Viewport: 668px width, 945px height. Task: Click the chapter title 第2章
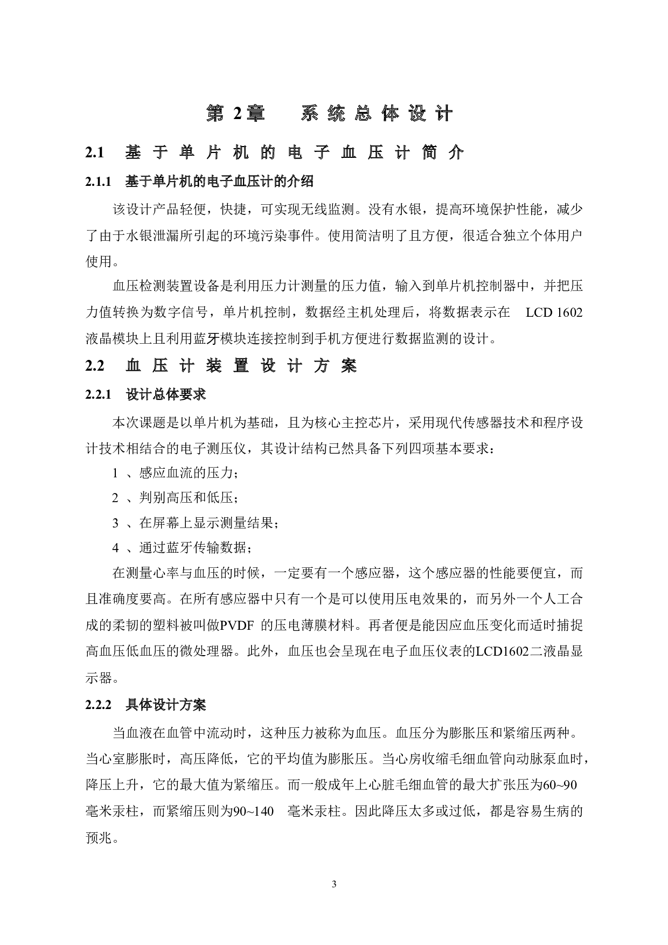[x=236, y=113]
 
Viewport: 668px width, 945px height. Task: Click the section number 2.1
[x=94, y=153]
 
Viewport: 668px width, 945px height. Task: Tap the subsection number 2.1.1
[x=98, y=182]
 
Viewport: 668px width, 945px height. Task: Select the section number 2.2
[x=94, y=366]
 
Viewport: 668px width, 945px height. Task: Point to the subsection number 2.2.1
[x=98, y=394]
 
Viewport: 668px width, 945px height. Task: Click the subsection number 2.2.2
[x=98, y=704]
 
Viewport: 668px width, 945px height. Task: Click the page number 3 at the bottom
[x=334, y=884]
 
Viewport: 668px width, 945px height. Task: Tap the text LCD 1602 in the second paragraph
[x=554, y=312]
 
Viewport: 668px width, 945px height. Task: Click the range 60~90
[x=560, y=786]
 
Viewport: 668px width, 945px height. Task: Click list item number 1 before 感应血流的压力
[x=115, y=473]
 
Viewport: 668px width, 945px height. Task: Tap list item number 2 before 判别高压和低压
[x=115, y=498]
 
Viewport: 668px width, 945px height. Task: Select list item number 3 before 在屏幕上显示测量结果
[x=115, y=523]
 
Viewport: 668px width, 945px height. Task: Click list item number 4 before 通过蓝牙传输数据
[x=115, y=548]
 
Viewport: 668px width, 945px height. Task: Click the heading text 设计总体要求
[x=165, y=394]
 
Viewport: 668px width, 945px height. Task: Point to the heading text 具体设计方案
[x=165, y=704]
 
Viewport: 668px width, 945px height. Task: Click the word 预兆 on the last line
[x=99, y=838]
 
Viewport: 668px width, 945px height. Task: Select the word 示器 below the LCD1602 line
[x=99, y=678]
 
